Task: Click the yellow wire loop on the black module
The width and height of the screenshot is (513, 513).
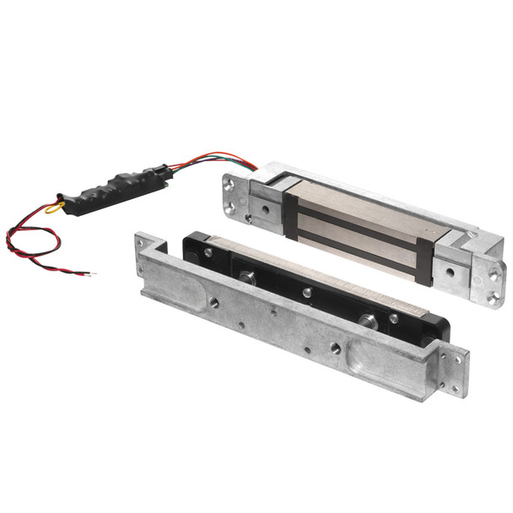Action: [x=54, y=205]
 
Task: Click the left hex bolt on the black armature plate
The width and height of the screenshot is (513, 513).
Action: [x=246, y=277]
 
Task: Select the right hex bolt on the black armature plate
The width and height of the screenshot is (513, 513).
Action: [x=368, y=321]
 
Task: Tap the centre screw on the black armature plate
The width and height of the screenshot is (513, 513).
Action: [x=307, y=293]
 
